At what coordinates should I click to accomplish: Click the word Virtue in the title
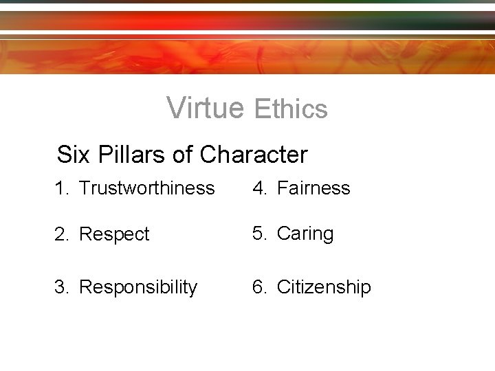(205, 107)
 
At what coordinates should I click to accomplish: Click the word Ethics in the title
(290, 109)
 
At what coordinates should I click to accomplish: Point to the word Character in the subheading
(254, 155)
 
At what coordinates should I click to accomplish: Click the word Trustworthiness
(146, 188)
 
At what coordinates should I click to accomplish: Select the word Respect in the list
(114, 234)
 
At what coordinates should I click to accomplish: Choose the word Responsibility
(138, 286)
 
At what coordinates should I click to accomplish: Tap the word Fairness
(313, 188)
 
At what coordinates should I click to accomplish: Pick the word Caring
(305, 234)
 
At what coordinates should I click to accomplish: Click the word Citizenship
(324, 286)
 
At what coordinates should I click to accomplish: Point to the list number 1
(60, 188)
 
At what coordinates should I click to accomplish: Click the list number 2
(60, 234)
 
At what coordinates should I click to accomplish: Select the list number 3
(60, 286)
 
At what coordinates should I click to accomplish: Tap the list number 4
(258, 188)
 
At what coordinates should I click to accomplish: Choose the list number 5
(258, 234)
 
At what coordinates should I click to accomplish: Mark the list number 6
(258, 286)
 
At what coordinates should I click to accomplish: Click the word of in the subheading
(182, 155)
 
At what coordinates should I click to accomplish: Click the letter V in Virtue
(175, 107)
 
